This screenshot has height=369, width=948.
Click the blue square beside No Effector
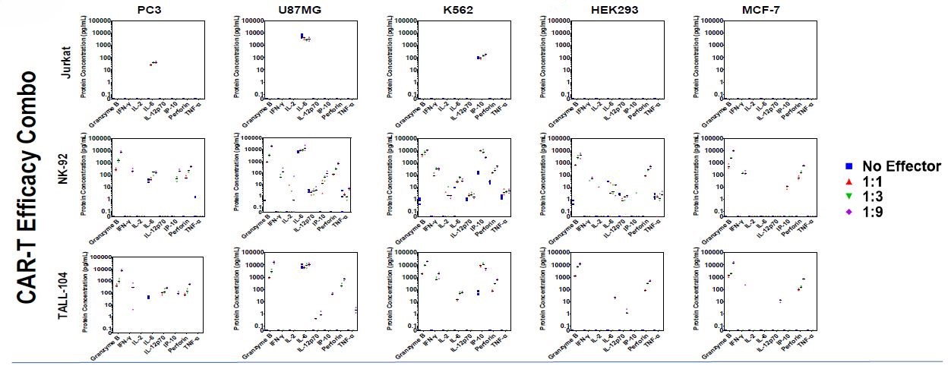pos(852,166)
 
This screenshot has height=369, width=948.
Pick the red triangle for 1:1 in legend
pos(852,181)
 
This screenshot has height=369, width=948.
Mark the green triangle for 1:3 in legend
pos(852,197)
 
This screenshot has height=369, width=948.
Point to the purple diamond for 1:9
pos(852,212)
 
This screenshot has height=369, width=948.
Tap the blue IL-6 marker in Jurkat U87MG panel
pos(302,36)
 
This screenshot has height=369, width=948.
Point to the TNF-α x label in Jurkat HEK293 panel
pos(651,112)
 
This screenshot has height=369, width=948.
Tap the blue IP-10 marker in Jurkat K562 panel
pos(479,58)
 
